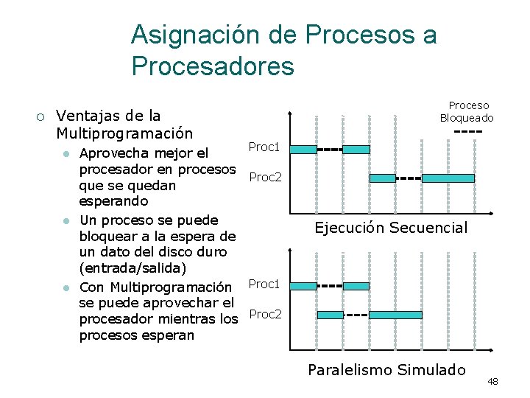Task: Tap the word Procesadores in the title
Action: pyautogui.click(x=213, y=66)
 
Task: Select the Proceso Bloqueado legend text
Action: pyautogui.click(x=467, y=111)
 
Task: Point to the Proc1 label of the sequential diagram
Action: pyautogui.click(x=264, y=147)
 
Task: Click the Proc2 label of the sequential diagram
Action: pyautogui.click(x=265, y=177)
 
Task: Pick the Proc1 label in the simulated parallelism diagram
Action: pyautogui.click(x=264, y=284)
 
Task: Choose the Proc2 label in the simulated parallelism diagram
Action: pyautogui.click(x=265, y=314)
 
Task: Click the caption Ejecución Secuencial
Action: pyautogui.click(x=391, y=227)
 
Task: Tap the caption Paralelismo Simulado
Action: pyautogui.click(x=386, y=369)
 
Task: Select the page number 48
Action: pyautogui.click(x=492, y=381)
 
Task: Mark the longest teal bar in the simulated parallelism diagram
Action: pyautogui.click(x=395, y=315)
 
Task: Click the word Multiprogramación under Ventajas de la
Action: pyautogui.click(x=124, y=133)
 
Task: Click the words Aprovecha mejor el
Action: pyautogui.click(x=144, y=153)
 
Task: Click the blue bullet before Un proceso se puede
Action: pyautogui.click(x=66, y=220)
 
